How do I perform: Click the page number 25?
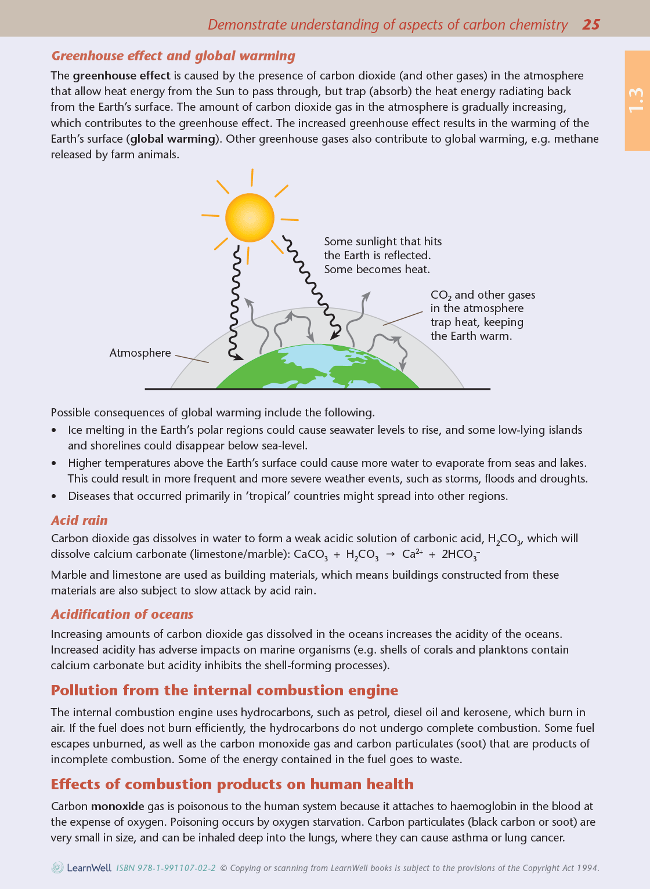591,24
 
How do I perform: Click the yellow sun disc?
250,217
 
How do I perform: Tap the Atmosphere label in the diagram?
140,353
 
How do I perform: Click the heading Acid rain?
80,520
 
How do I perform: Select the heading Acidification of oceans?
122,614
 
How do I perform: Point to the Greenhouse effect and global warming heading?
173,56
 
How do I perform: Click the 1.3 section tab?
636,100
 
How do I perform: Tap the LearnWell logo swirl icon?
57,868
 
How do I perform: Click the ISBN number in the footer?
166,868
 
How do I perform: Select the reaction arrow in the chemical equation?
390,554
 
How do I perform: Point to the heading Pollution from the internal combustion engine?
224,690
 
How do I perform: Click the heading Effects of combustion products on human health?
232,784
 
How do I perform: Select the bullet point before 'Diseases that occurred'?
54,496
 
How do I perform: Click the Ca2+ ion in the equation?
412,554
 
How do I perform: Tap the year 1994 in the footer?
588,868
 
